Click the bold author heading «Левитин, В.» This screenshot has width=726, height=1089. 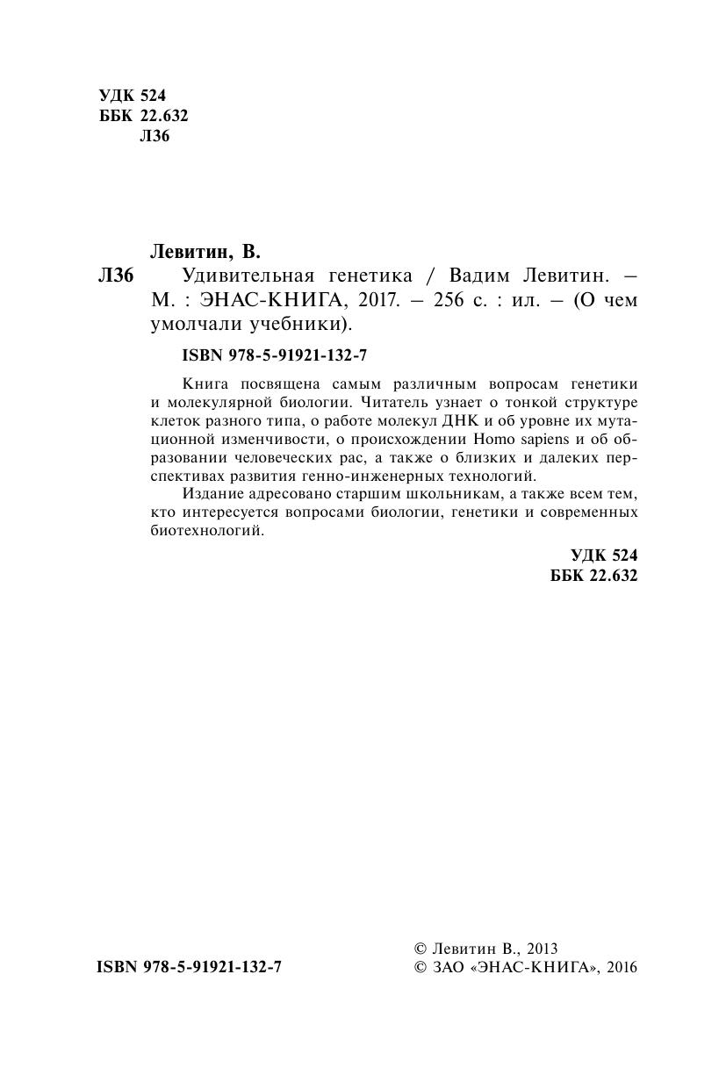[206, 253]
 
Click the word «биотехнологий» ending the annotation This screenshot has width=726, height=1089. [207, 532]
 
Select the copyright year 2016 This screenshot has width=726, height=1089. [621, 968]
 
